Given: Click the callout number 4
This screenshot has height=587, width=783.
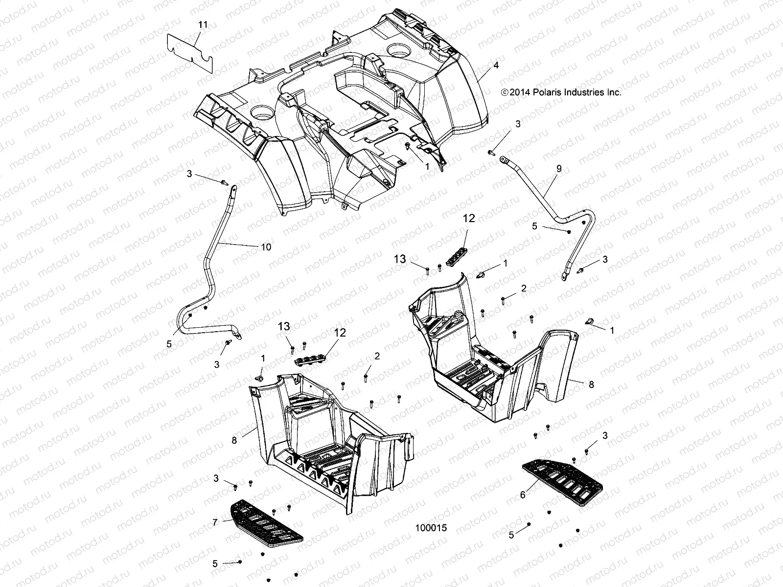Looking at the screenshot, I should pyautogui.click(x=496, y=65).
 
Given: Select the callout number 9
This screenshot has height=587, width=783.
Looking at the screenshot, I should pyautogui.click(x=559, y=169).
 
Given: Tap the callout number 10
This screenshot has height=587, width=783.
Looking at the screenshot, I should pyautogui.click(x=265, y=247).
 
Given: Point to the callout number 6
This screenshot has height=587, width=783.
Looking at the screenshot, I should pyautogui.click(x=523, y=496).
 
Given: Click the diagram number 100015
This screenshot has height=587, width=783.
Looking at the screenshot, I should pyautogui.click(x=431, y=528).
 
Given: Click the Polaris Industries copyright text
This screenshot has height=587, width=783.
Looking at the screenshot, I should pyautogui.click(x=561, y=92).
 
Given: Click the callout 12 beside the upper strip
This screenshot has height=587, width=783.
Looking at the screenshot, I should pyautogui.click(x=468, y=219).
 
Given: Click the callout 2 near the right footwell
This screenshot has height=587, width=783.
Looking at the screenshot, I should pyautogui.click(x=524, y=289).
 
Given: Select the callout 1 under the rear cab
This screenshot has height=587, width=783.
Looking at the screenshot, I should pyautogui.click(x=427, y=166).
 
